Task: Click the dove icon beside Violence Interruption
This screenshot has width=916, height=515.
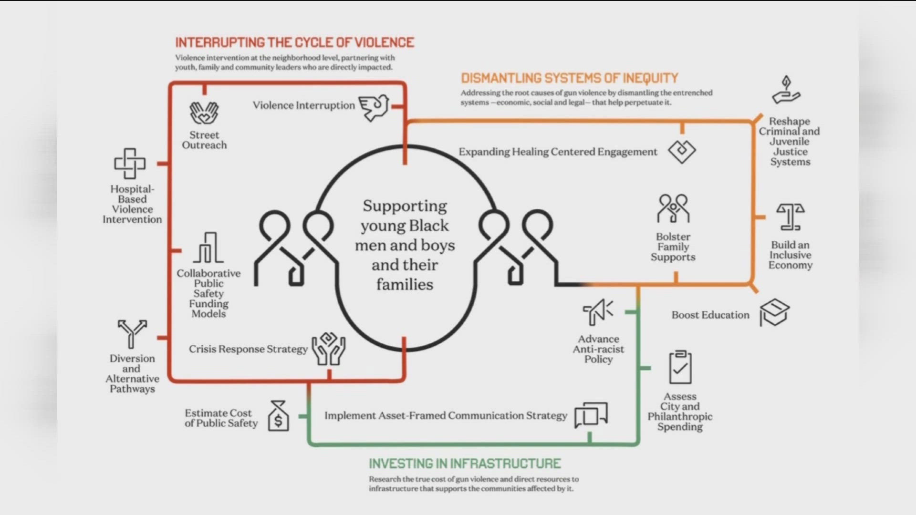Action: click(x=374, y=107)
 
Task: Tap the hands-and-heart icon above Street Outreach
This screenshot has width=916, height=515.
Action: click(x=204, y=113)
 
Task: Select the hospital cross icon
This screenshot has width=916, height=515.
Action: click(x=129, y=163)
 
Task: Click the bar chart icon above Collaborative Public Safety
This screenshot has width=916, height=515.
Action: click(x=208, y=248)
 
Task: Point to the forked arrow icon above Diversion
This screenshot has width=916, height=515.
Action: click(x=132, y=333)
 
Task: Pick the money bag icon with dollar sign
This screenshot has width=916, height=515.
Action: click(x=278, y=416)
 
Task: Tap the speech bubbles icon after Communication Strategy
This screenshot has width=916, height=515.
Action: click(x=591, y=414)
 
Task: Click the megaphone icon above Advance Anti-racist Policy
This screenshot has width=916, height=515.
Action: click(x=598, y=312)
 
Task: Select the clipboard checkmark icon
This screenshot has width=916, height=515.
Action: click(x=680, y=368)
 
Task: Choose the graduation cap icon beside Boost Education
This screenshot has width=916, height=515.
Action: click(x=775, y=312)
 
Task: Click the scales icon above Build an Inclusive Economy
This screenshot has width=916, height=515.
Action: click(x=790, y=217)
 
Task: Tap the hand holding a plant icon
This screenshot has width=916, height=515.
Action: click(x=786, y=90)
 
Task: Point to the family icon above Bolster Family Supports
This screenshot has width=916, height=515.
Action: click(x=673, y=208)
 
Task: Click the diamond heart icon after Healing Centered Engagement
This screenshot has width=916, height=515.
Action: click(x=682, y=152)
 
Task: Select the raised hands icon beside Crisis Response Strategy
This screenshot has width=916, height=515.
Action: click(x=329, y=349)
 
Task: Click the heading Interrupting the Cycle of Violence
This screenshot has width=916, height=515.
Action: click(x=294, y=42)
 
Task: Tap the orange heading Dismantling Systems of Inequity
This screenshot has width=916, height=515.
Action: click(x=569, y=78)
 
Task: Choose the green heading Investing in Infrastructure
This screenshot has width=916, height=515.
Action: click(x=465, y=463)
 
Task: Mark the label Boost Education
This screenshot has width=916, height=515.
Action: click(x=710, y=315)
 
